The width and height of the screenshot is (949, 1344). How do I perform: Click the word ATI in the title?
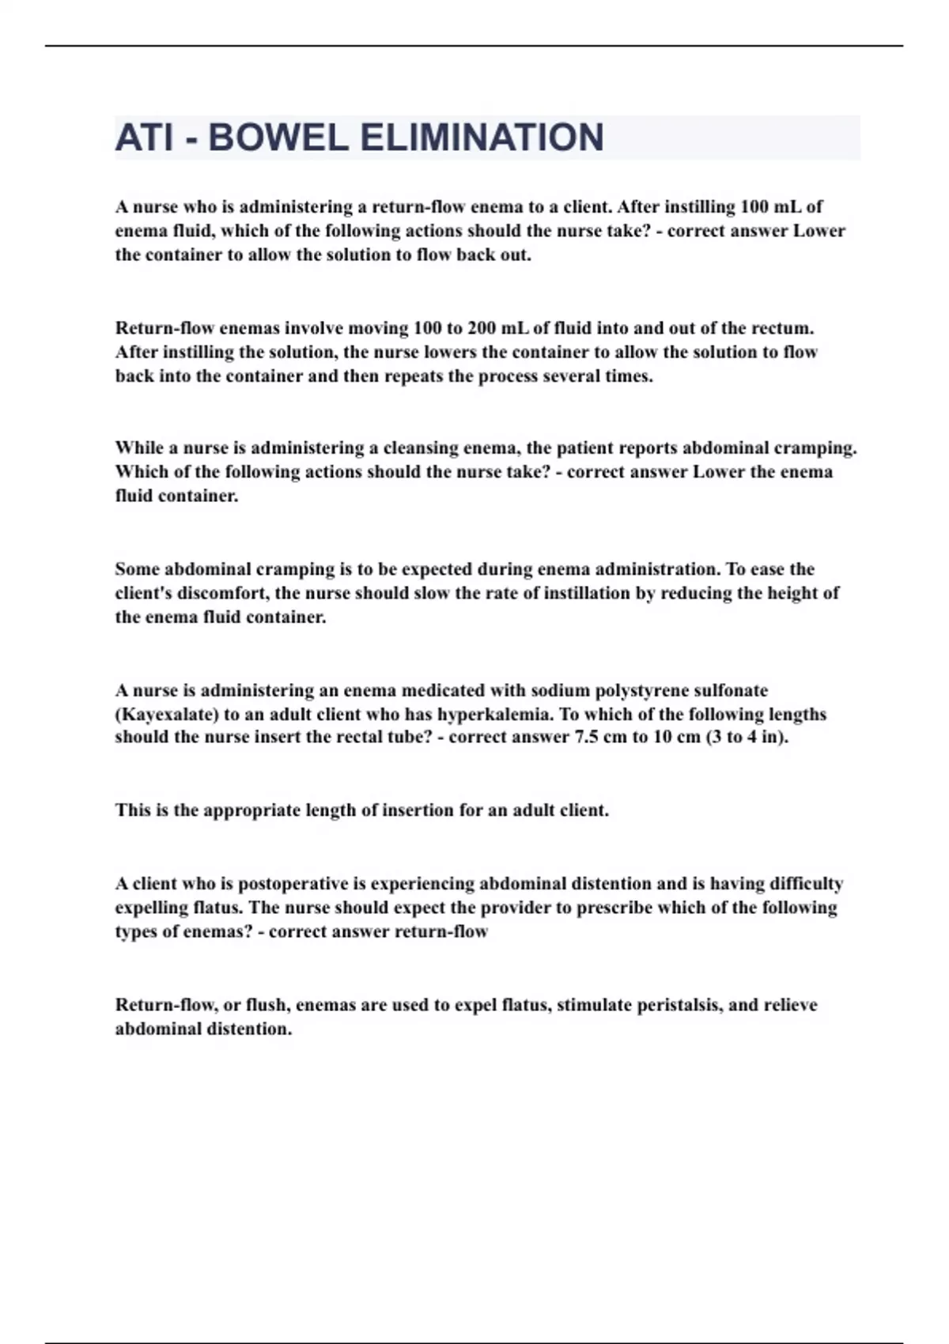coord(143,138)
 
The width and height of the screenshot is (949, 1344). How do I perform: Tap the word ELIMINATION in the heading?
coord(482,138)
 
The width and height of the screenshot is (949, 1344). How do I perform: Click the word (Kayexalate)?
coord(167,715)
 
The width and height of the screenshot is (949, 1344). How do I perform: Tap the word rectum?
coord(782,328)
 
